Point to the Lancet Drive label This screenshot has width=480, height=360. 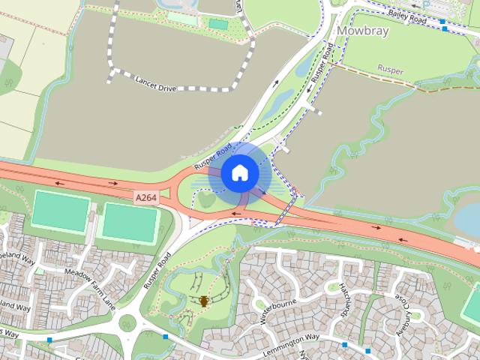tap(155, 83)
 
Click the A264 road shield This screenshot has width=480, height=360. tap(146, 196)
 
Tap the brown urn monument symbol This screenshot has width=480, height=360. tap(204, 301)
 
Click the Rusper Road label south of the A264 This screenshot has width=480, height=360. tap(157, 271)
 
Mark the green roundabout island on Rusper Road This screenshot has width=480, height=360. tap(128, 323)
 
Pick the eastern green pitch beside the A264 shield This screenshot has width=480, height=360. tap(130, 223)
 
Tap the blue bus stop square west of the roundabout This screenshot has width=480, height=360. tap(49, 340)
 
